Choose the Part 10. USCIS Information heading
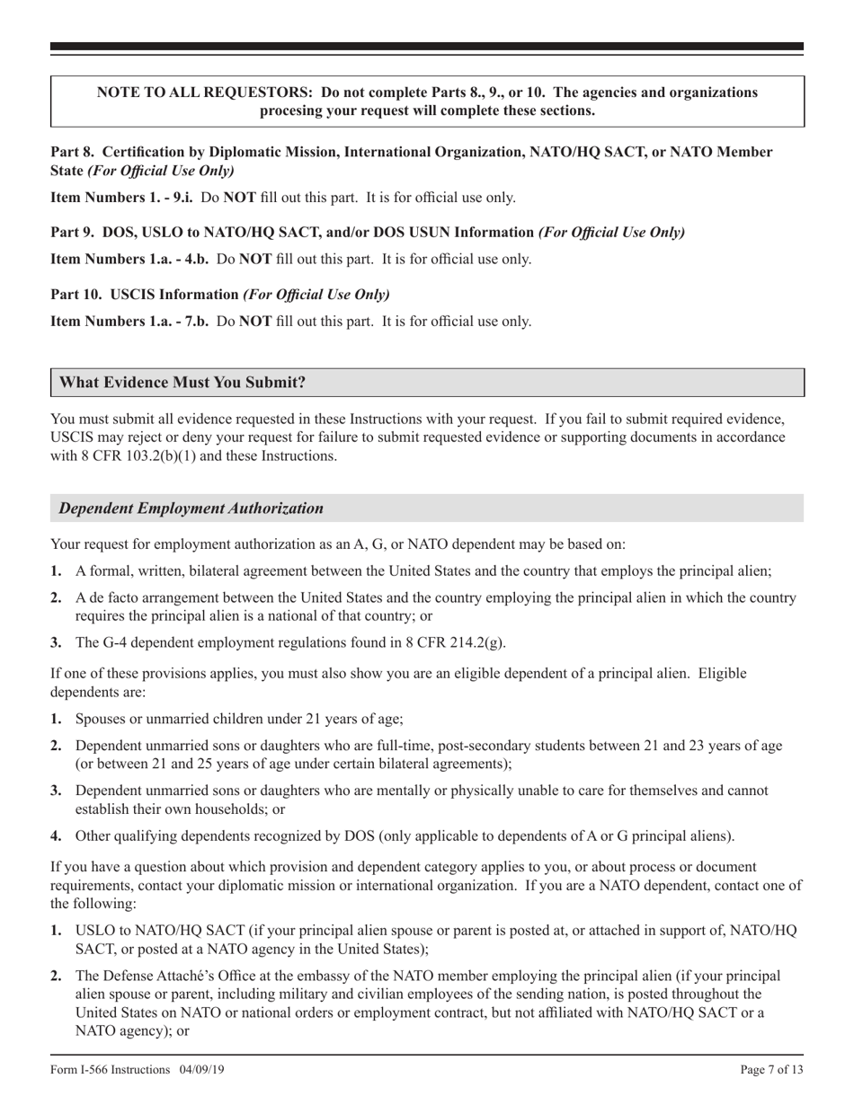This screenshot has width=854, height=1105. point(145,294)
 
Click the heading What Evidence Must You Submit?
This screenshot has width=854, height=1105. point(182,383)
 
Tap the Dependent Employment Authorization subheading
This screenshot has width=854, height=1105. point(191,508)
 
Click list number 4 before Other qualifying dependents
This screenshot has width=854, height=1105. point(56,835)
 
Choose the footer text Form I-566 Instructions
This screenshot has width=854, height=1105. point(110,1070)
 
